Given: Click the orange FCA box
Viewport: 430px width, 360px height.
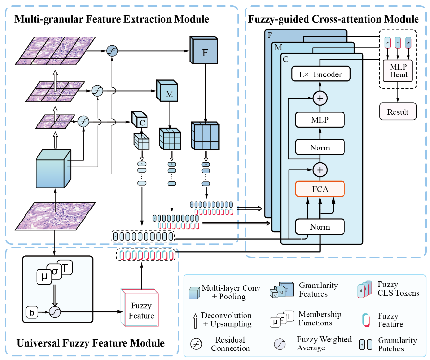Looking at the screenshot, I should (x=320, y=189).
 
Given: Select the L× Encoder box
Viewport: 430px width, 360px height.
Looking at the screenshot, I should (x=320, y=74).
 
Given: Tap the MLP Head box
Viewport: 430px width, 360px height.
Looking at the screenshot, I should (x=399, y=71).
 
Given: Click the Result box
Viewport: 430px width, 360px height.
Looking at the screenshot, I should (x=398, y=112).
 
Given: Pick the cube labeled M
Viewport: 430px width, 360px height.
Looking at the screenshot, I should (x=169, y=93).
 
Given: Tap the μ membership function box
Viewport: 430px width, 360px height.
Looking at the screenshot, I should (x=44, y=276).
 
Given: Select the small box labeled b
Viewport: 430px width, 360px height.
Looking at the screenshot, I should (x=31, y=313).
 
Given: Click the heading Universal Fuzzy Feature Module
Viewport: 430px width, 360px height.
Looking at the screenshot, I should (x=91, y=343).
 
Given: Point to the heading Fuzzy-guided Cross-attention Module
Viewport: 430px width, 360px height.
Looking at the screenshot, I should (x=333, y=19).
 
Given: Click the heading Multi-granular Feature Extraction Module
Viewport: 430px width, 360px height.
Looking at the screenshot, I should (x=111, y=19).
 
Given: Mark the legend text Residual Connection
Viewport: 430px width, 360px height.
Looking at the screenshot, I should (x=230, y=344).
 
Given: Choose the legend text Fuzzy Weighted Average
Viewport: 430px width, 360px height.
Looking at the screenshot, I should (x=324, y=344).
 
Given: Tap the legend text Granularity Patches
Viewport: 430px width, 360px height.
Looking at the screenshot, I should (x=397, y=344).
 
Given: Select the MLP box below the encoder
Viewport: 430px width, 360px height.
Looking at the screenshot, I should (x=320, y=120).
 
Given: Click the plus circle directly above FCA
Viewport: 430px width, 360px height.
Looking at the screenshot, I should (x=320, y=169).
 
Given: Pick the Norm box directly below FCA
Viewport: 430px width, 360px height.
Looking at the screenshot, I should (x=320, y=226).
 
